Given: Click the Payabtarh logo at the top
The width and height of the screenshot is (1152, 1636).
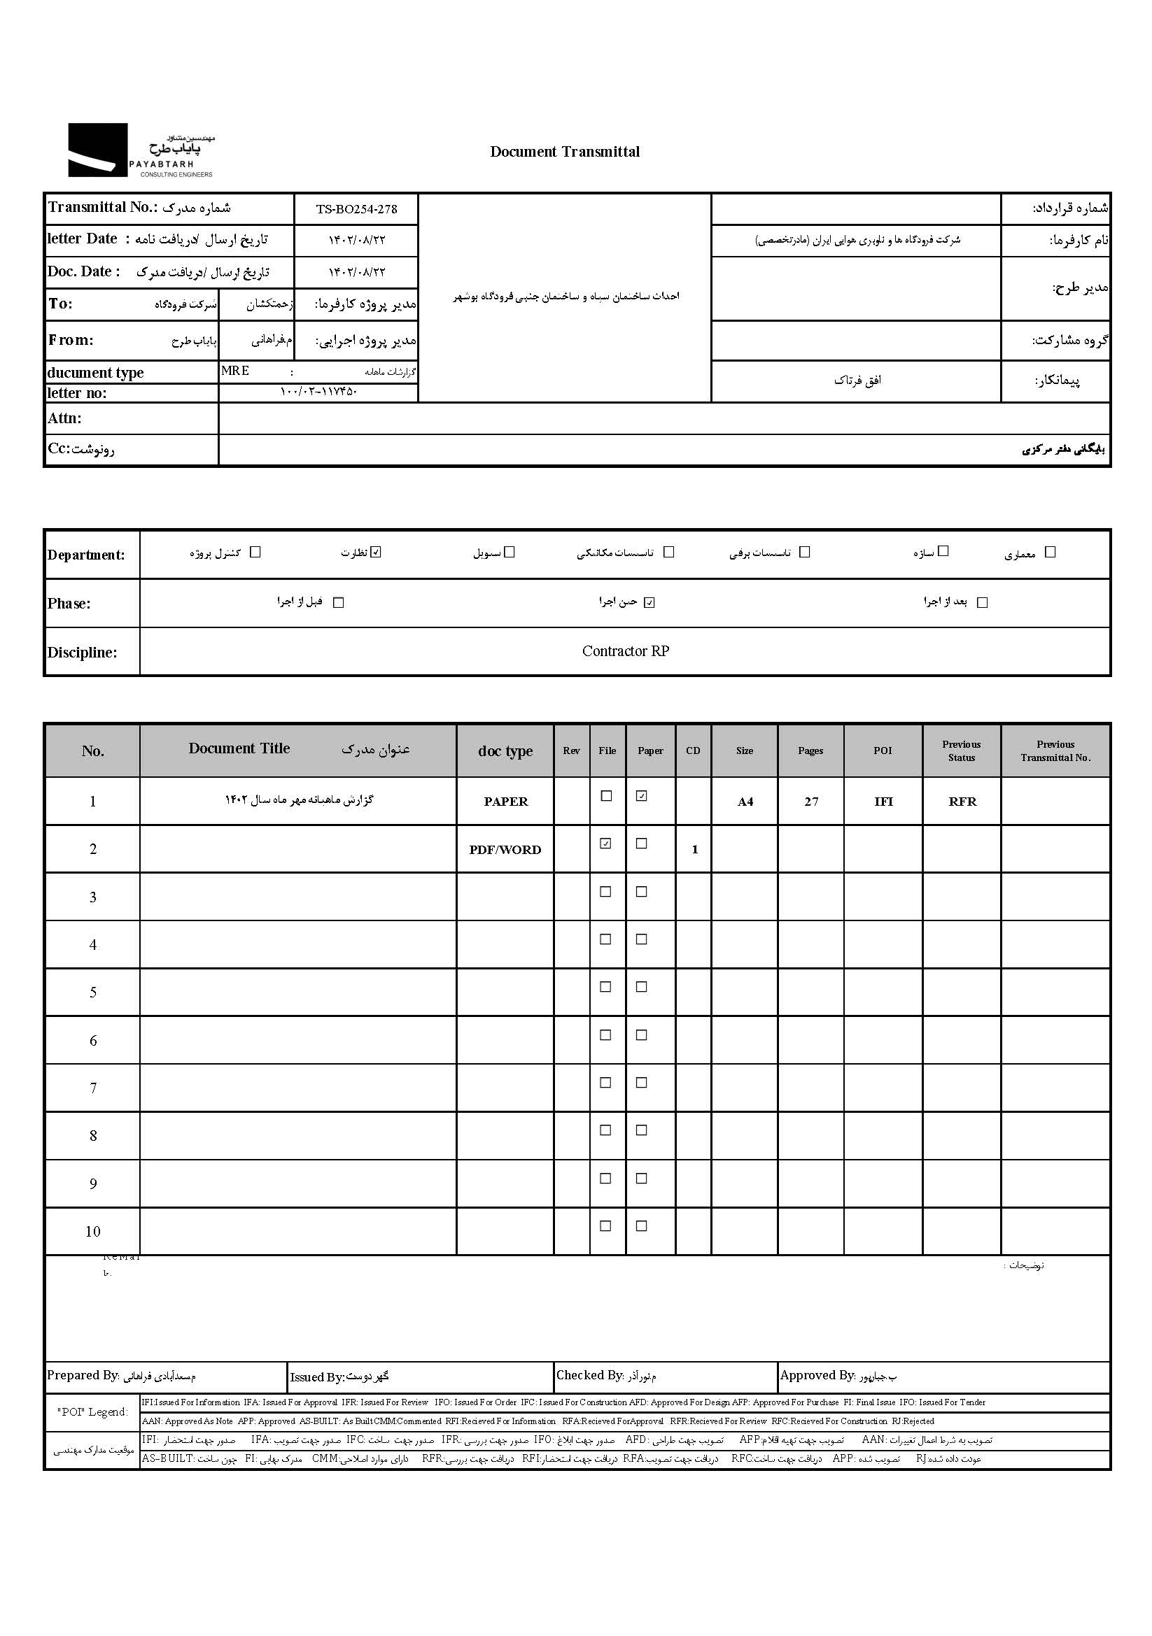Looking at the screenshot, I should (x=141, y=150).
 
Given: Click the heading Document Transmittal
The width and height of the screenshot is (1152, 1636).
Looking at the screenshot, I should (x=565, y=152).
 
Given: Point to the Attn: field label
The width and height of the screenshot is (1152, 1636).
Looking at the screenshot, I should (x=65, y=418).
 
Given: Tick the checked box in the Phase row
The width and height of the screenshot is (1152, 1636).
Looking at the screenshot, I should (x=649, y=603).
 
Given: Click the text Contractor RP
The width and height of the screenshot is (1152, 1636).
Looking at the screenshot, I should (x=625, y=651).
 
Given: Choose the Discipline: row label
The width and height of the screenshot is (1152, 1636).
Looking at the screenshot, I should (x=82, y=653).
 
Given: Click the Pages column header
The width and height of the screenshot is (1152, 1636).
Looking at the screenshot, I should (x=810, y=751).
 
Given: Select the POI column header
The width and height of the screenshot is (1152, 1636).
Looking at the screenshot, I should (x=883, y=751).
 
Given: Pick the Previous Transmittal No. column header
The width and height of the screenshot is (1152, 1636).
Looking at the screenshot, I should (x=1055, y=751).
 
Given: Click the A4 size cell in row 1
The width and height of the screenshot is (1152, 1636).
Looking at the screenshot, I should (x=745, y=802).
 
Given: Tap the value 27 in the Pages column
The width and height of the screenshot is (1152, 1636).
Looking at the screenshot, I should (x=811, y=802).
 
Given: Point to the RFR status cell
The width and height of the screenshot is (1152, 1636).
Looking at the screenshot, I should (x=962, y=802).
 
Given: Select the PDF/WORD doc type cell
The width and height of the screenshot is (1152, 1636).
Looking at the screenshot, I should (x=505, y=850).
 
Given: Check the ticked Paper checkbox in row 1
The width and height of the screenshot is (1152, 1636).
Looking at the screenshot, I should (x=642, y=797).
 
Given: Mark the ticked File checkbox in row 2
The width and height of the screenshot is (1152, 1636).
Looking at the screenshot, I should (x=606, y=844).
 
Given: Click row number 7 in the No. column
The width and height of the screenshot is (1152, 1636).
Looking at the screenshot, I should (x=92, y=1088).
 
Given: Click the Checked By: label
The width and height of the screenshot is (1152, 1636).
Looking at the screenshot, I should (x=589, y=1376).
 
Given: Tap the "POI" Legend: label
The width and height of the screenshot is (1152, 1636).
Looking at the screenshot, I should (x=92, y=1412).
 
